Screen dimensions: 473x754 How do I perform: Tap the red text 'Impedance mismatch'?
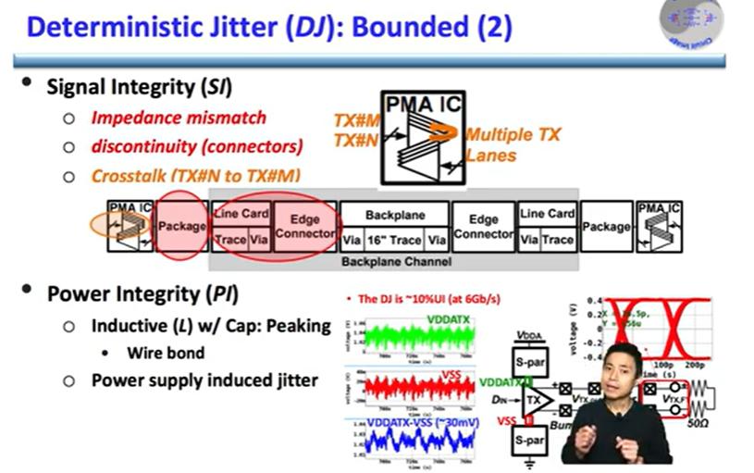pyautogui.click(x=178, y=118)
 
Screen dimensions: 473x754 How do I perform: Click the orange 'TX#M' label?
pyautogui.click(x=356, y=121)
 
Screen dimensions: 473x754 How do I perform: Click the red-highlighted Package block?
pyautogui.click(x=182, y=225)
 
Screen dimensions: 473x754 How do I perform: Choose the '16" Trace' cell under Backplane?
pyautogui.click(x=395, y=240)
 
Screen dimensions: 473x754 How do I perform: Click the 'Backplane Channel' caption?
pyautogui.click(x=395, y=261)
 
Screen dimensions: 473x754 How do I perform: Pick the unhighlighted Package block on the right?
pyautogui.click(x=607, y=227)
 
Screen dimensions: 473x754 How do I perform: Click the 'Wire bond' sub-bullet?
pyautogui.click(x=165, y=353)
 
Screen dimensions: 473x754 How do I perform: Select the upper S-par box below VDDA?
pyautogui.click(x=529, y=361)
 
